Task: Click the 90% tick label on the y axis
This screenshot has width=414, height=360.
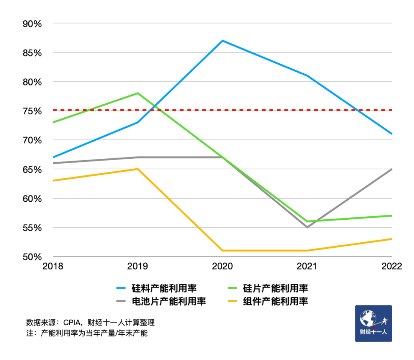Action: pos(32,24)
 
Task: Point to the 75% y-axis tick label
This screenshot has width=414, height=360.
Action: pos(32,111)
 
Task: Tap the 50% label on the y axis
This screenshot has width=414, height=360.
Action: pos(32,256)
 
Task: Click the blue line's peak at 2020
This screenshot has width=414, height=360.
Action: pos(222,41)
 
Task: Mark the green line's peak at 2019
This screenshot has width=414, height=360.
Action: pos(138,93)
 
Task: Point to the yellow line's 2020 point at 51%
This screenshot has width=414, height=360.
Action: pos(222,251)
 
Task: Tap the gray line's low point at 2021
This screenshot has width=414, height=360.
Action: pos(307,227)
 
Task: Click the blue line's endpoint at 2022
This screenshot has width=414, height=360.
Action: pos(392,134)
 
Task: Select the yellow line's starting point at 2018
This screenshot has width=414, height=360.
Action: pos(53,181)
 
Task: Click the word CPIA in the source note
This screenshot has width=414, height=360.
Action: pos(72,322)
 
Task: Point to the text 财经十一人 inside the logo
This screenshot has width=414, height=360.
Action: pos(373,332)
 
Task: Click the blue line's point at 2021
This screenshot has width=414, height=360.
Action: pos(307,76)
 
